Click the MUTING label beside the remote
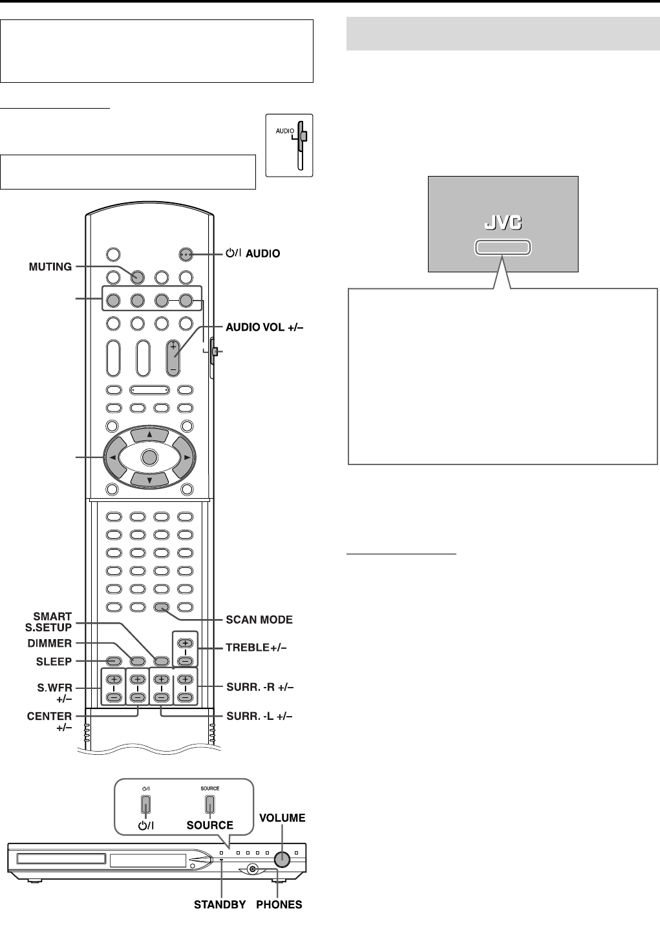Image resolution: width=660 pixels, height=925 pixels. [50, 267]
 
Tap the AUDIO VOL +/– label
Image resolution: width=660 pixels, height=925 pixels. [264, 327]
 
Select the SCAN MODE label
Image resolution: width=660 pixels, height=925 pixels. [259, 620]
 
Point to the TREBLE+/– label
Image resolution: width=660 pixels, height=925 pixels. [256, 647]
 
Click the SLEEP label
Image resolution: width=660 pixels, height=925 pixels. [54, 662]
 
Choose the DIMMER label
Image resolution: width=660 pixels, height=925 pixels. [50, 644]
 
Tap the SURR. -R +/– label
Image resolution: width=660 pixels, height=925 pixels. [260, 687]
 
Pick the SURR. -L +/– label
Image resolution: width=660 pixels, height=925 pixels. [259, 716]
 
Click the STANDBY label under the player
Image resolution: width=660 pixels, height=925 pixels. [220, 904]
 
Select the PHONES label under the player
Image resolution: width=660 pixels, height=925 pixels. [279, 904]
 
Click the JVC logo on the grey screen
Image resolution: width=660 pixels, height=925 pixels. [503, 223]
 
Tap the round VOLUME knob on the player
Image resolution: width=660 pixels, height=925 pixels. [282, 859]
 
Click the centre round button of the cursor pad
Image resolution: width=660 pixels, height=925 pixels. [149, 457]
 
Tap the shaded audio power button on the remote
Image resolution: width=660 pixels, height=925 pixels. [186, 254]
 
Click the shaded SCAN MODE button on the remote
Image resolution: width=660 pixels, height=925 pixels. [162, 607]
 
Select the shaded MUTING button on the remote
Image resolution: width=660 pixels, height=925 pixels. [138, 277]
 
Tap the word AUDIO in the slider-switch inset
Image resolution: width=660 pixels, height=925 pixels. [285, 131]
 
